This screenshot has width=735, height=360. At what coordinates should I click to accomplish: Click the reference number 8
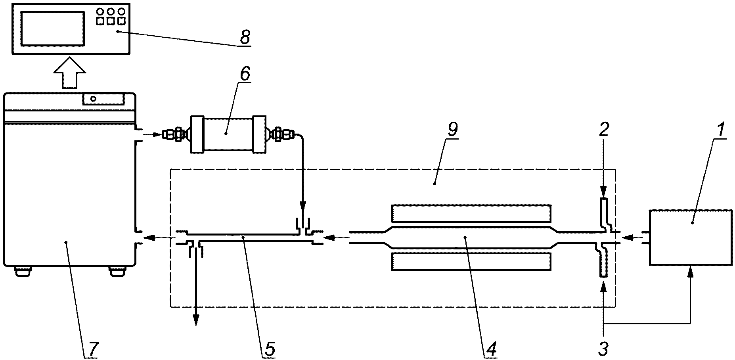[x=245, y=37]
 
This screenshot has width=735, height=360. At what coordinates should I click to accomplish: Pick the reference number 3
[x=603, y=349]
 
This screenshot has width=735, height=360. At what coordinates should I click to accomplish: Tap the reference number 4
[x=491, y=349]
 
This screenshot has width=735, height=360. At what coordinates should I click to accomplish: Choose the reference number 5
[x=269, y=349]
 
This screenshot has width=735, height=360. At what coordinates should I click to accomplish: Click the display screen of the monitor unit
[x=53, y=28]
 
